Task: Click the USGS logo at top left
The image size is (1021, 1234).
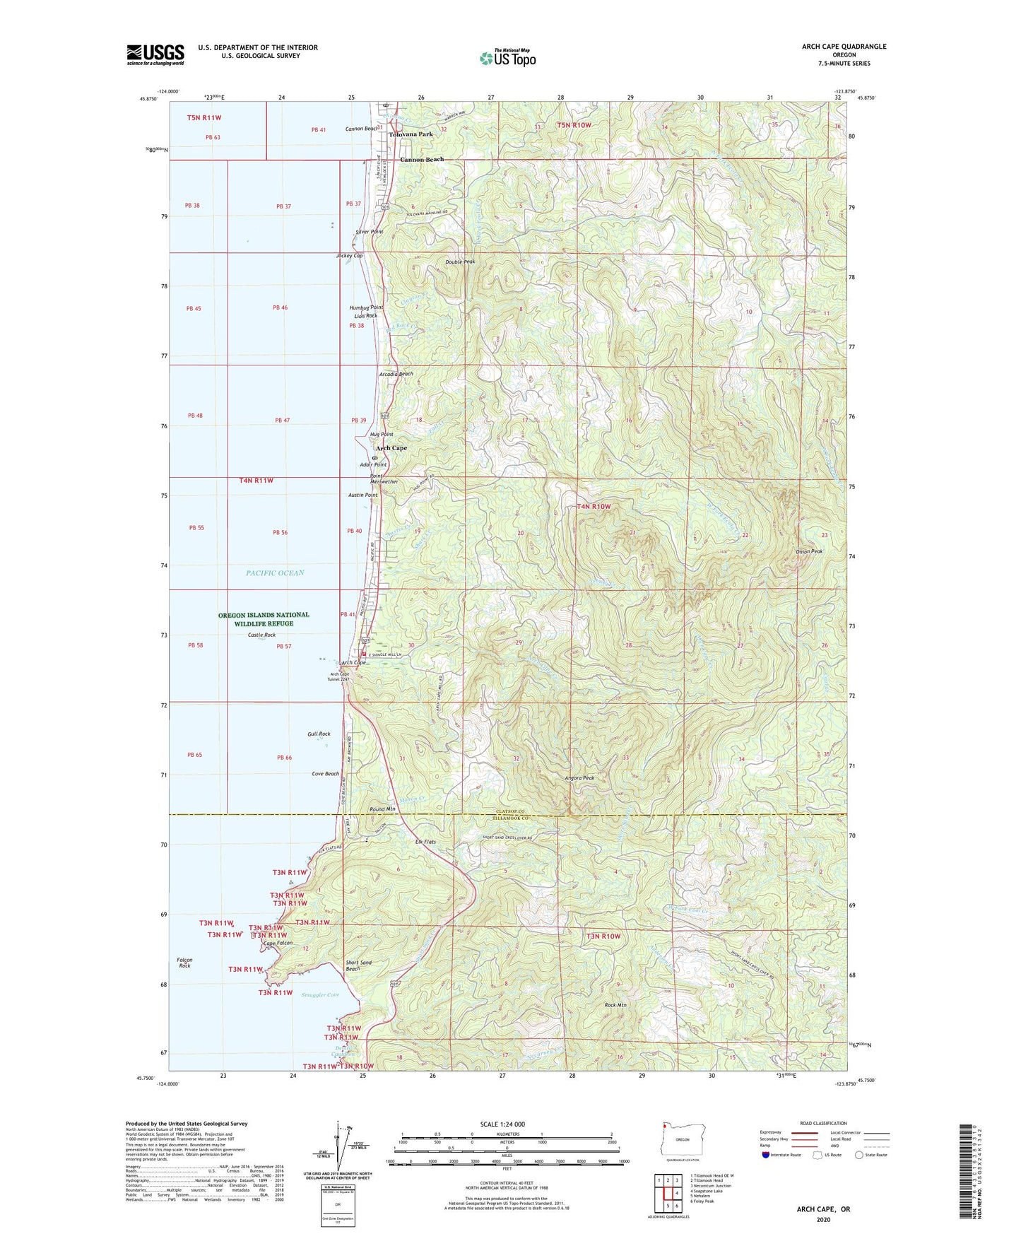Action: click(155, 54)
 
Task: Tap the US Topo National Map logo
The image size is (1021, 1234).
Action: click(507, 58)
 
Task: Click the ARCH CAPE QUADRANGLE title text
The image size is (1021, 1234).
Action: click(844, 47)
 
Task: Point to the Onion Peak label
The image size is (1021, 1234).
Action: click(808, 551)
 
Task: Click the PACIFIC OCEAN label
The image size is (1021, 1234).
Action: click(275, 573)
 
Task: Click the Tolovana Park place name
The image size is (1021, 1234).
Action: click(411, 134)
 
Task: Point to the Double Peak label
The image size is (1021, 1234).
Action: click(460, 262)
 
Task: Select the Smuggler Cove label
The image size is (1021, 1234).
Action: click(320, 995)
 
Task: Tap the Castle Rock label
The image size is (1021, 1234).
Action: click(261, 635)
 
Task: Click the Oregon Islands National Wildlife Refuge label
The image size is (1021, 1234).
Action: click(264, 619)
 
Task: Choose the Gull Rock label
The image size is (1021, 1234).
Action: click(319, 734)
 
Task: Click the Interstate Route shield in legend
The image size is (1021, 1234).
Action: click(766, 1155)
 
